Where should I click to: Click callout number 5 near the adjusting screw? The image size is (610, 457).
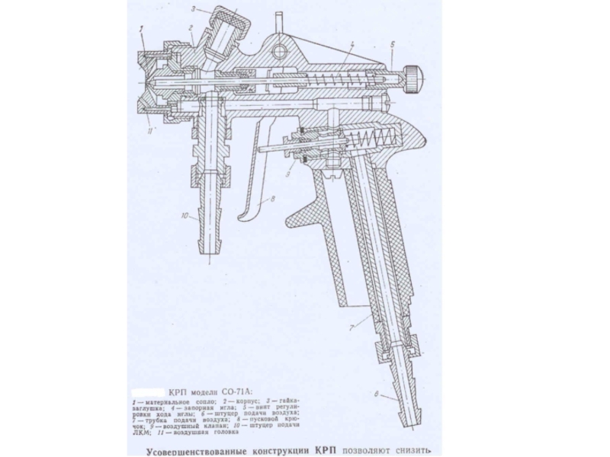391,46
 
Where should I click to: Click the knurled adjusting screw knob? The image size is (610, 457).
412,76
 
